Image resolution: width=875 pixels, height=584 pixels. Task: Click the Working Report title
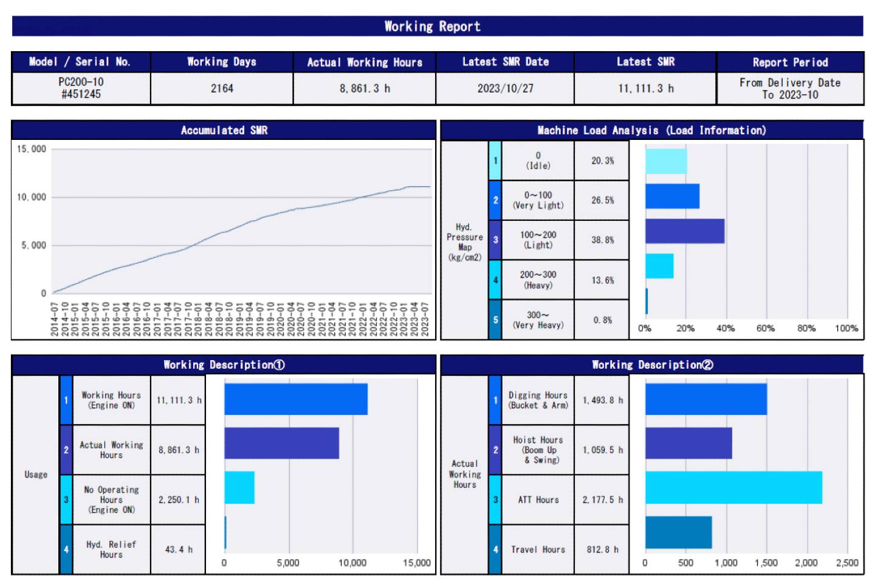coord(432,26)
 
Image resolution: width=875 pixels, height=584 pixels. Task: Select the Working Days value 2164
coord(222,88)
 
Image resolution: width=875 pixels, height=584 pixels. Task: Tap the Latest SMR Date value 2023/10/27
coord(505,88)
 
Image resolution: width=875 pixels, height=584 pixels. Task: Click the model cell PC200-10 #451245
coord(81,88)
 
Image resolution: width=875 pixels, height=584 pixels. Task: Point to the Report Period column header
coord(790,62)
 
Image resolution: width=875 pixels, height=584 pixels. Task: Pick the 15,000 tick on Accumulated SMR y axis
coord(32,149)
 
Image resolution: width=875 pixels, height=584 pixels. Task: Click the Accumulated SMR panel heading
coord(224,130)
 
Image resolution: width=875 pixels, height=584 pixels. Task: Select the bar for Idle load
coord(666,161)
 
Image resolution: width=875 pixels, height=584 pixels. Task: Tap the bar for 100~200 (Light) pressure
coord(685,231)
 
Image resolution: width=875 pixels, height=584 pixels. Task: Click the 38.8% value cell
coord(602,240)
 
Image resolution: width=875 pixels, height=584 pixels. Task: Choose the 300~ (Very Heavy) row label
coord(538,320)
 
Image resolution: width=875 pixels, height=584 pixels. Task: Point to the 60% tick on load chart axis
coord(766,328)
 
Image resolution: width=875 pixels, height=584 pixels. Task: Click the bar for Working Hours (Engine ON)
coord(296,399)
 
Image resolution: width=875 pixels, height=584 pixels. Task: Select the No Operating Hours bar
coord(239,487)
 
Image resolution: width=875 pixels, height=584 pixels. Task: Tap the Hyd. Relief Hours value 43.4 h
coord(179,549)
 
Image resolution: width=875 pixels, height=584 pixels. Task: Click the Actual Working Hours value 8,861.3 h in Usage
coord(179,450)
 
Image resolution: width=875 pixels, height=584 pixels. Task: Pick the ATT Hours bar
coord(733,487)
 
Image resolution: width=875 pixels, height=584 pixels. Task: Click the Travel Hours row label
coord(538,549)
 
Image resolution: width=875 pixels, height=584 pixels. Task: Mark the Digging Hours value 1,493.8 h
coord(602,400)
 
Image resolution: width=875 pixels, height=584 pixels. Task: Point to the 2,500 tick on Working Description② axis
coord(847,563)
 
